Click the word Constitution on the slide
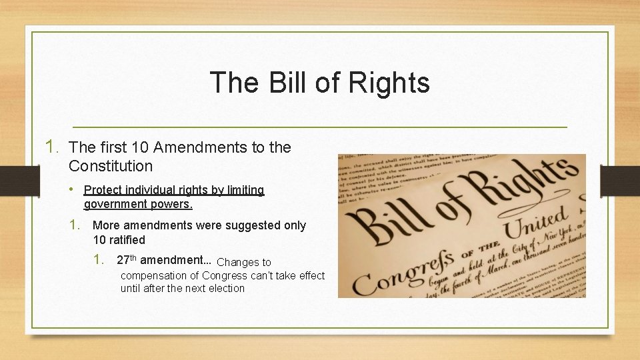pos(111,166)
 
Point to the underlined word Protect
pos(103,191)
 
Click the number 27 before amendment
pos(123,260)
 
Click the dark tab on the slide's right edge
pos(619,180)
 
